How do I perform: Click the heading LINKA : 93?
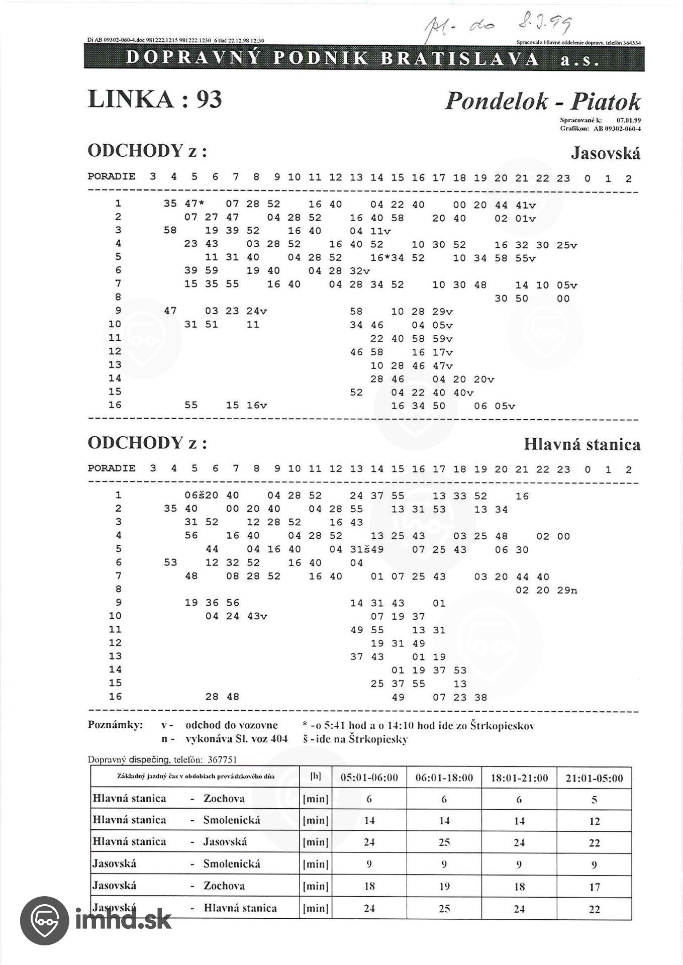point(154,99)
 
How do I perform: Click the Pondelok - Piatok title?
point(542,101)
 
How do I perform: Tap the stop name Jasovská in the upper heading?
point(605,153)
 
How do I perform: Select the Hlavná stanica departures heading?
point(582,444)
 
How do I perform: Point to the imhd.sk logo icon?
point(44,921)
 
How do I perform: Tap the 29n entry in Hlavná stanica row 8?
point(567,590)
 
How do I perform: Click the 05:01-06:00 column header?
point(369,778)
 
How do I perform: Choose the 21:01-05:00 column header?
point(594,779)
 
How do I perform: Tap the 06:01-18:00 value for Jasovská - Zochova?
point(444,887)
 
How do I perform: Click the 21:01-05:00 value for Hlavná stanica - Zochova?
point(594,800)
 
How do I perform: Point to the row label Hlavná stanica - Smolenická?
point(176,820)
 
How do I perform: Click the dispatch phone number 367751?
point(222,759)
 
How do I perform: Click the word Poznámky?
point(115,725)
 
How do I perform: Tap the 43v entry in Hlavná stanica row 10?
point(257,617)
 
